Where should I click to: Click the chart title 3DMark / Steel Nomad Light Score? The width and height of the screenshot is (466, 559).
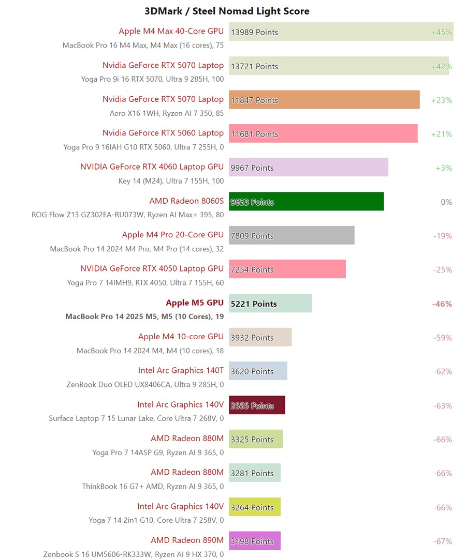coord(227,11)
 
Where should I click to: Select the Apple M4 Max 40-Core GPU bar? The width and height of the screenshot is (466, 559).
coord(341,32)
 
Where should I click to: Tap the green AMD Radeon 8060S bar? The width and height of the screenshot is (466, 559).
coord(306,202)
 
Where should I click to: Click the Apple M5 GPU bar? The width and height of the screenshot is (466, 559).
coord(270,304)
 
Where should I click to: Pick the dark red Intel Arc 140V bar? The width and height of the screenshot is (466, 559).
coord(257,405)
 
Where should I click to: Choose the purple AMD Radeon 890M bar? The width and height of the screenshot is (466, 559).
coord(254,541)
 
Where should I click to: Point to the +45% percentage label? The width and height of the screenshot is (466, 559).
coord(442,32)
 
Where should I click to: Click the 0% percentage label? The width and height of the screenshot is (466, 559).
coord(446,202)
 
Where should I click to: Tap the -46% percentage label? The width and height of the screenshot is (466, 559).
coord(442,304)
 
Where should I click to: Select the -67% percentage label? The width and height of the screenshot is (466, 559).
coord(443,541)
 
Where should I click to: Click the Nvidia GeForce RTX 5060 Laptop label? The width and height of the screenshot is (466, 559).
coord(163,133)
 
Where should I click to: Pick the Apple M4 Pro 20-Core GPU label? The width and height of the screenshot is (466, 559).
coord(173,235)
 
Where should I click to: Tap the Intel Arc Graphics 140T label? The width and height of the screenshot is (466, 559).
coord(181,370)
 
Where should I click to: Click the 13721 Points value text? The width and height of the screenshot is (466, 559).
coord(254,66)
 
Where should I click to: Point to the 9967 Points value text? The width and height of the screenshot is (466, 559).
coord(252,168)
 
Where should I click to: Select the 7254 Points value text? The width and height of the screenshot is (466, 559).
coord(252,269)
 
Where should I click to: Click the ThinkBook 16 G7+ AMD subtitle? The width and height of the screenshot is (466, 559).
coord(153,486)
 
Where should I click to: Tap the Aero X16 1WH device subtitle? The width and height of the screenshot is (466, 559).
coord(167,113)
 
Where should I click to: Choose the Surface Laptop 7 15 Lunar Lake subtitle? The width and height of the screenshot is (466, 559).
coord(136,418)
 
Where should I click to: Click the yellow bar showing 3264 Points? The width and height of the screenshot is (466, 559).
coord(254,507)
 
